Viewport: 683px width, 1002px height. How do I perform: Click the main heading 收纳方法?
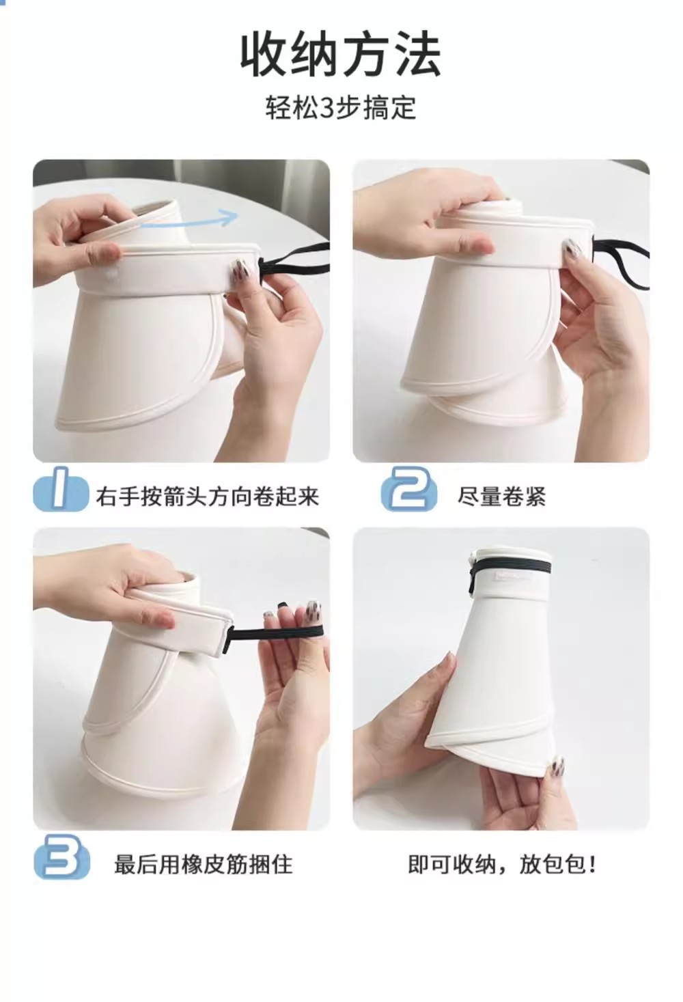(x=341, y=55)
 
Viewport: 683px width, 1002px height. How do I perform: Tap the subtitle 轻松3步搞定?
(x=341, y=108)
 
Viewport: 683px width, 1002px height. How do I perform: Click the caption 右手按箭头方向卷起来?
(x=208, y=497)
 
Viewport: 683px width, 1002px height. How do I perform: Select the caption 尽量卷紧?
(x=501, y=497)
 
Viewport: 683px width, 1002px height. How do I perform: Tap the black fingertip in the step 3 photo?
(x=282, y=607)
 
